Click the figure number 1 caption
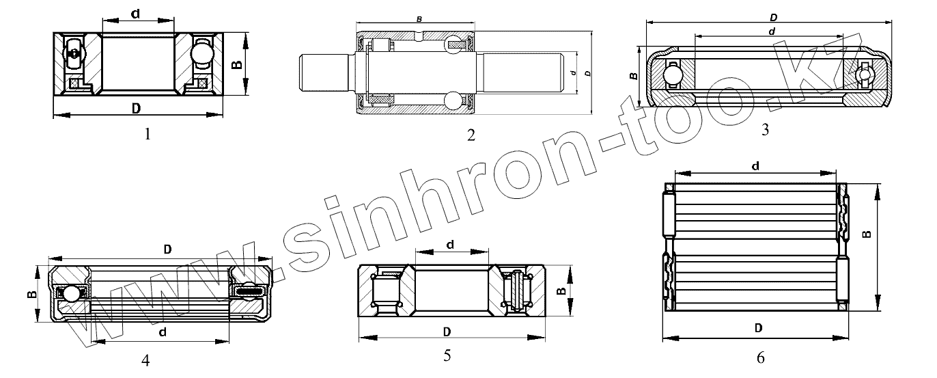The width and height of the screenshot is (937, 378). point(148,135)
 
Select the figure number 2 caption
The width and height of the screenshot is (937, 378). point(471,135)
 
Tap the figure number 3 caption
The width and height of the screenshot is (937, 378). point(765,130)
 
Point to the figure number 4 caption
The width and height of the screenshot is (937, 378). point(145,360)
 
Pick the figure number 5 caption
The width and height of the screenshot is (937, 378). point(447,355)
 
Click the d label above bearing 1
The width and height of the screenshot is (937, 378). point(135,14)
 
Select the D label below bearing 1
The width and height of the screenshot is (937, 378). point(136,109)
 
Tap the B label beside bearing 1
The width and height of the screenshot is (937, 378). point(237,64)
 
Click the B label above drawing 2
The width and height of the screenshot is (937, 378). point(419,19)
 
